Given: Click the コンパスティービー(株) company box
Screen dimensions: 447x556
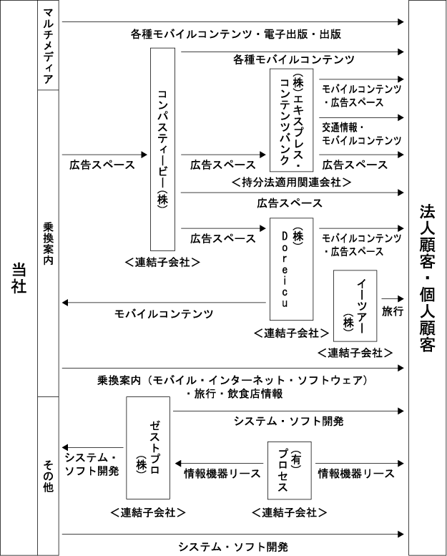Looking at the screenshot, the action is point(162,150).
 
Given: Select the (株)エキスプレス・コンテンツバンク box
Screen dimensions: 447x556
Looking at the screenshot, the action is point(291,120).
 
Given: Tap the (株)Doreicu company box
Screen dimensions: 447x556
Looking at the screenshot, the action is point(291,269).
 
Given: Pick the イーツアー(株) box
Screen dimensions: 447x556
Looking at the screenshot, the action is point(355,306).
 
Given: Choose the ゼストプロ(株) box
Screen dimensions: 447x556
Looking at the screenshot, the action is point(148,448).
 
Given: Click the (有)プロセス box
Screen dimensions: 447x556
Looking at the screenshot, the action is point(290,471).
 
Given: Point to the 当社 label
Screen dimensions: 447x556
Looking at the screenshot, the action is point(19,278).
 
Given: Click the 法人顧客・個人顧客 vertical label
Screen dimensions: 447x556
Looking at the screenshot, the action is point(428,278).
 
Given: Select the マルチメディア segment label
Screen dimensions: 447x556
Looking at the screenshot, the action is point(48,45).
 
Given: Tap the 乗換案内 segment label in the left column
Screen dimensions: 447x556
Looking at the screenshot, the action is point(48,243).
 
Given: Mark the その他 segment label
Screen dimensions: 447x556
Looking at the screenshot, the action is point(48,476).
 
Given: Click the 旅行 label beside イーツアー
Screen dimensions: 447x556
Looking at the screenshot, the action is point(393,311).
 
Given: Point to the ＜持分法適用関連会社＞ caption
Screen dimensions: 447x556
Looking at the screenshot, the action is point(291,182).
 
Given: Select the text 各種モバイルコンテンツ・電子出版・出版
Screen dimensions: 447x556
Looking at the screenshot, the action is point(236,34).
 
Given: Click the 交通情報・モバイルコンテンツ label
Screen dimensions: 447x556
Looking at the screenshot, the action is point(362,134).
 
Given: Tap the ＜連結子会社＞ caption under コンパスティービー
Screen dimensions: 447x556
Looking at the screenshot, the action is point(162,262).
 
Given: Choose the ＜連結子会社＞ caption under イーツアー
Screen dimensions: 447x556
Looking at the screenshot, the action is point(355,353).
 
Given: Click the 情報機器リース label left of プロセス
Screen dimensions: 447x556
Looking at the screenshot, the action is point(222,474).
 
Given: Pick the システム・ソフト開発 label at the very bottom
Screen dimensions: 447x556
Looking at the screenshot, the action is point(233,547).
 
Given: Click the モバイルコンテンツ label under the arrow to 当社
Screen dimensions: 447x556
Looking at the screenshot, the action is point(164,314).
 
